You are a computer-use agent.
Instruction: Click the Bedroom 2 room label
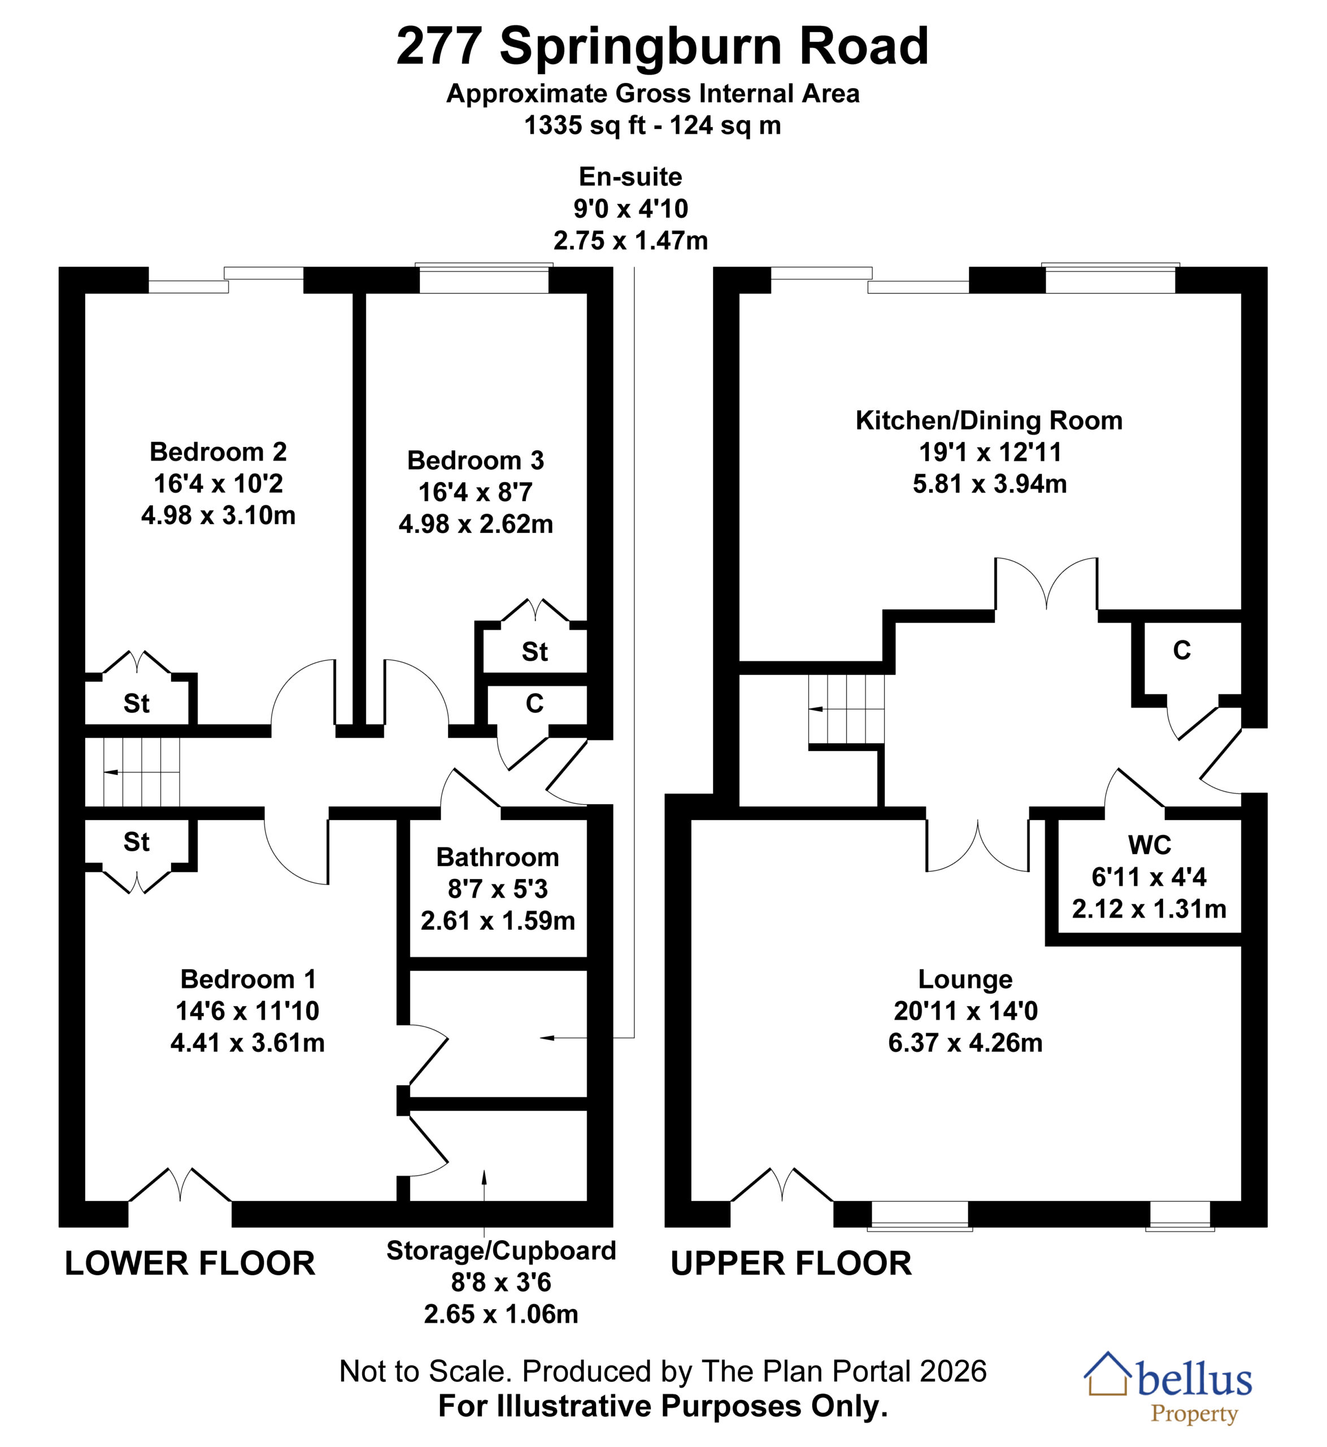click(218, 452)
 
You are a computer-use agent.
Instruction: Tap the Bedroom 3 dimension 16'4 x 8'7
click(475, 492)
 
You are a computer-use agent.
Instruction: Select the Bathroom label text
click(498, 857)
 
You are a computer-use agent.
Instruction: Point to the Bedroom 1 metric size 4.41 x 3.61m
click(248, 1042)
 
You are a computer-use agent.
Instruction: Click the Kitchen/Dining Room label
click(990, 421)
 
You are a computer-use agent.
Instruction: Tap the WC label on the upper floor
click(1150, 846)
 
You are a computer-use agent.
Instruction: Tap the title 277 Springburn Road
click(663, 46)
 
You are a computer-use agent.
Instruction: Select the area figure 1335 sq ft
click(586, 125)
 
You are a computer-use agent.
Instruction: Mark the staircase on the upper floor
click(846, 709)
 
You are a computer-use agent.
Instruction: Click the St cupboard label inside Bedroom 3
click(535, 652)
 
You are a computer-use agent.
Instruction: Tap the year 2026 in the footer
click(954, 1372)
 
